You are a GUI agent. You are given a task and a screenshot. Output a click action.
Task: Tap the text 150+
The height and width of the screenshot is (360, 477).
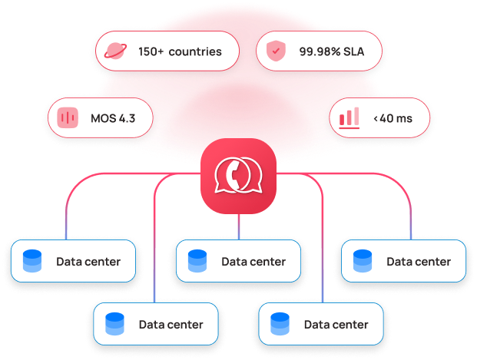click(151, 52)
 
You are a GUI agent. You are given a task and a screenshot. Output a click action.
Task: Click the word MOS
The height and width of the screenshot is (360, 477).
click(102, 118)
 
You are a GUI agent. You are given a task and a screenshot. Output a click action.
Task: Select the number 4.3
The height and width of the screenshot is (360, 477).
click(127, 118)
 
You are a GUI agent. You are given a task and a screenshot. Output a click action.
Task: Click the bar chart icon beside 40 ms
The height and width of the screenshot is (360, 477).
click(349, 117)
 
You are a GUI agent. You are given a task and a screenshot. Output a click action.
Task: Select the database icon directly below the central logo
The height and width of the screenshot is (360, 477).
click(197, 261)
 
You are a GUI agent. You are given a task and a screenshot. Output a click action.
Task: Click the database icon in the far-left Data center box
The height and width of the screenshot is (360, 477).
click(32, 261)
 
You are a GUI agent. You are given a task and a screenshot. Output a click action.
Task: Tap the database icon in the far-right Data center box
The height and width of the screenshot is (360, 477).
click(363, 261)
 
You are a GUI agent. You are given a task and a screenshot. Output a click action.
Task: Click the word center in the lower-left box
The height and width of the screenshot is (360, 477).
click(184, 324)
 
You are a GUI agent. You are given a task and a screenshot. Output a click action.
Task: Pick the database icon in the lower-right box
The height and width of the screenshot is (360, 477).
click(280, 324)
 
